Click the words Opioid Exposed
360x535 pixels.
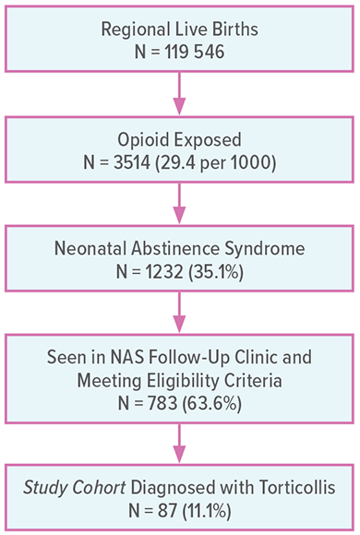tap(179, 140)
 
